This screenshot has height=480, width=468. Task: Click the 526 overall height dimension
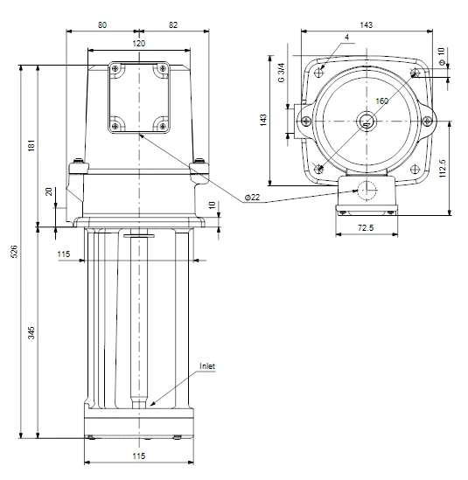coord(14,251)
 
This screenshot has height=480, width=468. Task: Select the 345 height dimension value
coord(31,333)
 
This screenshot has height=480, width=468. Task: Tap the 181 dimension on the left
coord(31,145)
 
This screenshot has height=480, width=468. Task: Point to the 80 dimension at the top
coord(102,25)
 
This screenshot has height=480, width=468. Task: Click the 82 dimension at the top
coord(173,25)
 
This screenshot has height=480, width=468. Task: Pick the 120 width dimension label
coord(139,44)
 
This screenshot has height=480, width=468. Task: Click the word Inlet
coord(207,366)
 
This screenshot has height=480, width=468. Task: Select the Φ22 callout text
coord(253,198)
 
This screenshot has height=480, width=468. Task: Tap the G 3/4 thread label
coord(281,73)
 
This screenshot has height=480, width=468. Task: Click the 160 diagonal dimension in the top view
coord(382,101)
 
